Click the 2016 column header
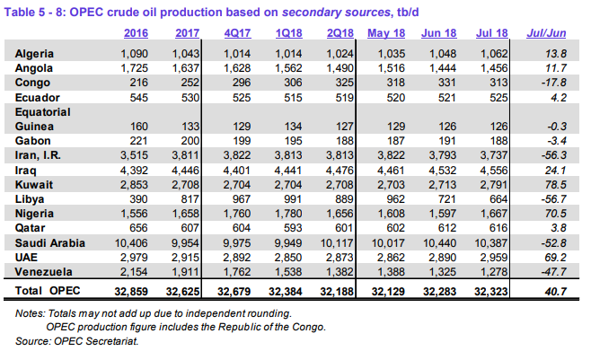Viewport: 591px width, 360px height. coord(137,34)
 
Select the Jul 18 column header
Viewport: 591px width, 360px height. coord(495,34)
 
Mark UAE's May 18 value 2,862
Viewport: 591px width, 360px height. coord(388,256)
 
